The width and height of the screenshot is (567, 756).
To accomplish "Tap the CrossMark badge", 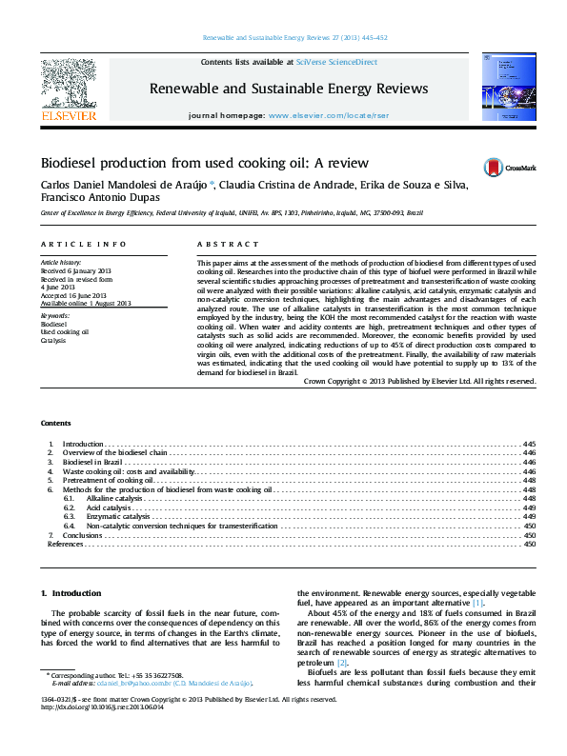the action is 510,167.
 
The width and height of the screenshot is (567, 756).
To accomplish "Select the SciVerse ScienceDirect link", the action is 336,62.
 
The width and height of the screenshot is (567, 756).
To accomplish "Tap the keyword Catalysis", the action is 53,339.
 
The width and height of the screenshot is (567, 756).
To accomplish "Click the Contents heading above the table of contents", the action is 55,422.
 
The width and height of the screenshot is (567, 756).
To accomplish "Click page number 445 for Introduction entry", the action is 530,445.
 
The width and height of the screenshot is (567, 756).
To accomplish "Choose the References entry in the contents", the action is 65,544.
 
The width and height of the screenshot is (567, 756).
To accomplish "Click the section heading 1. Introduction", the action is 69,592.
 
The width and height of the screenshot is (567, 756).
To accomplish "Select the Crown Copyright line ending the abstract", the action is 419,380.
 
